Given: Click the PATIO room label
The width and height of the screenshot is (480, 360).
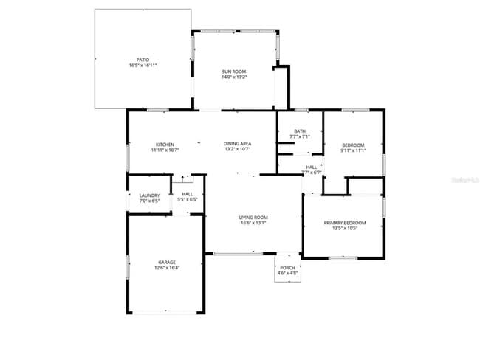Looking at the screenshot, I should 143,60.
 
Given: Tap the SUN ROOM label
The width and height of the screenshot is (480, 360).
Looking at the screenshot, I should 234,72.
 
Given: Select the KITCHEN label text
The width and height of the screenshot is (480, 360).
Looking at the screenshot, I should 164,144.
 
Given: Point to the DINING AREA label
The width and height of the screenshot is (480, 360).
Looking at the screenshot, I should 238,144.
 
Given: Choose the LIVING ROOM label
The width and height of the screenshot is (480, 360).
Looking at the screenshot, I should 253,217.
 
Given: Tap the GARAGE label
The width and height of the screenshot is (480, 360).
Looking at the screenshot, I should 166,262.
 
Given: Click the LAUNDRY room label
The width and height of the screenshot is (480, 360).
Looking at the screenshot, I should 150,195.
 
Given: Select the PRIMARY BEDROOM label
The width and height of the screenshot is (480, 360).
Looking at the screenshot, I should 344,222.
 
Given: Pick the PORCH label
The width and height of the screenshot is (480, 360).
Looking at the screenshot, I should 287,268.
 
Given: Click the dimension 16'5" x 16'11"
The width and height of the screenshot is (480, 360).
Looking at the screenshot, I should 143,66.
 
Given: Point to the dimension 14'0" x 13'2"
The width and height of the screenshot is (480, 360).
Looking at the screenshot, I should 234,77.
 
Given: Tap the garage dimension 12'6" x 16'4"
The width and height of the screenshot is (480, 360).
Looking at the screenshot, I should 166,268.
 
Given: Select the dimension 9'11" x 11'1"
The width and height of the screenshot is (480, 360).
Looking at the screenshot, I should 353,150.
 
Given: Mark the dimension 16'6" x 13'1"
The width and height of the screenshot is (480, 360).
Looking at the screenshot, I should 253,223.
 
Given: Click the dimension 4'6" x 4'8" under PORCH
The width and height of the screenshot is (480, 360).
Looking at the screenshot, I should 287,274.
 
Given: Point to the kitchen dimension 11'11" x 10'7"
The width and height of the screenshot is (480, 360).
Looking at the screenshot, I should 164,150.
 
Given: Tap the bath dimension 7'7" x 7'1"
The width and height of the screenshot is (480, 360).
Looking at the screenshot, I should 300,136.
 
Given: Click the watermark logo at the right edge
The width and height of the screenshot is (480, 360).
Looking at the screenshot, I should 464,179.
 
